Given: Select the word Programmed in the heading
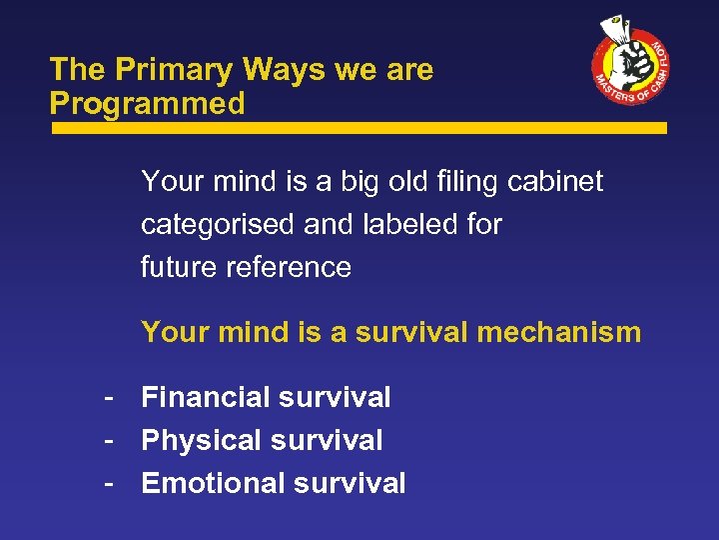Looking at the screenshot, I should [147, 103].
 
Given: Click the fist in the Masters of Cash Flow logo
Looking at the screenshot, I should [628, 62].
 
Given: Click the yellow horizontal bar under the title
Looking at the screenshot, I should [359, 128].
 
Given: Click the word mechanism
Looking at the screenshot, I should [558, 332].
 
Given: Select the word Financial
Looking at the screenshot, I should [203, 397].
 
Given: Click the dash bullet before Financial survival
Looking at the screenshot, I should [104, 398].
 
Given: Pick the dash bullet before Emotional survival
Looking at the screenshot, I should [104, 484].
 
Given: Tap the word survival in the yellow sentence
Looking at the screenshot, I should [410, 332].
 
